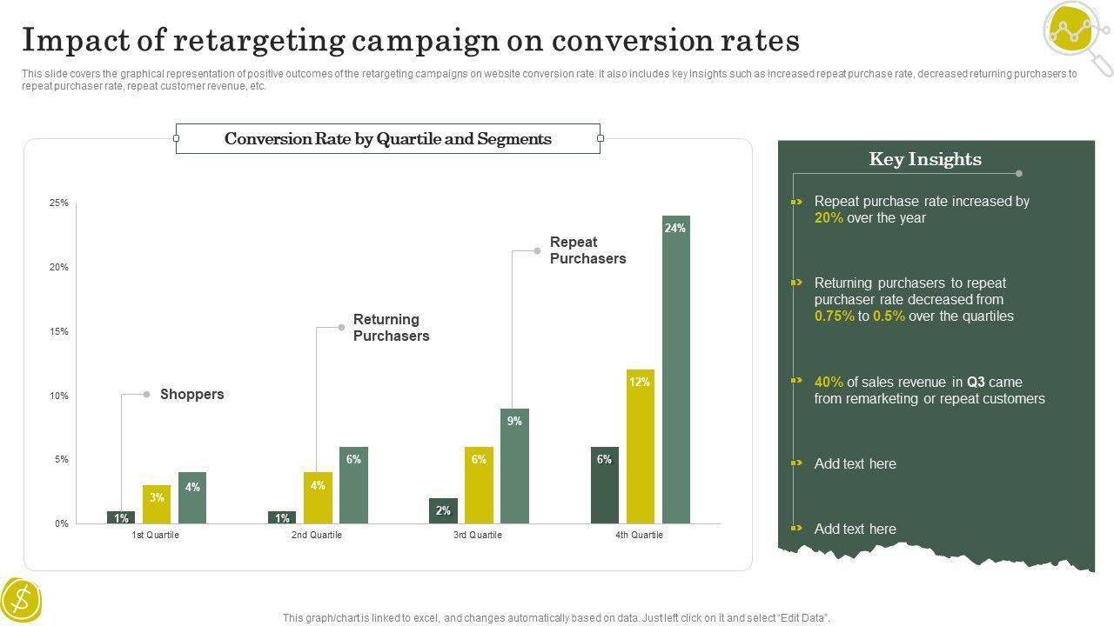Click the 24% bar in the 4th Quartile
coord(675,370)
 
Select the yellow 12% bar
coord(640,446)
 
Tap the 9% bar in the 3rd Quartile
coord(514,466)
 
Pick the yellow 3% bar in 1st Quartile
coord(157,504)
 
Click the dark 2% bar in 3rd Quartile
coord(443,511)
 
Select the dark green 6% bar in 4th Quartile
coord(604,485)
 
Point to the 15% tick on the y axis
coord(58,331)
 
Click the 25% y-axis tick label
coord(58,203)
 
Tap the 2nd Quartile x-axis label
coord(317,536)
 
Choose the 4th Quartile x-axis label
coord(639,536)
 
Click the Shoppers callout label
coord(191,395)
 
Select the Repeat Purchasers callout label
coord(587,250)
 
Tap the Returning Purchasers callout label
coord(391,328)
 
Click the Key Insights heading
coord(925,159)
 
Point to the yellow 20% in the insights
coord(829,218)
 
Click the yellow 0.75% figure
coord(834,316)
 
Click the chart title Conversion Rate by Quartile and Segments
coord(388,139)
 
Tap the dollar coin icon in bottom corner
coord(22,601)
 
